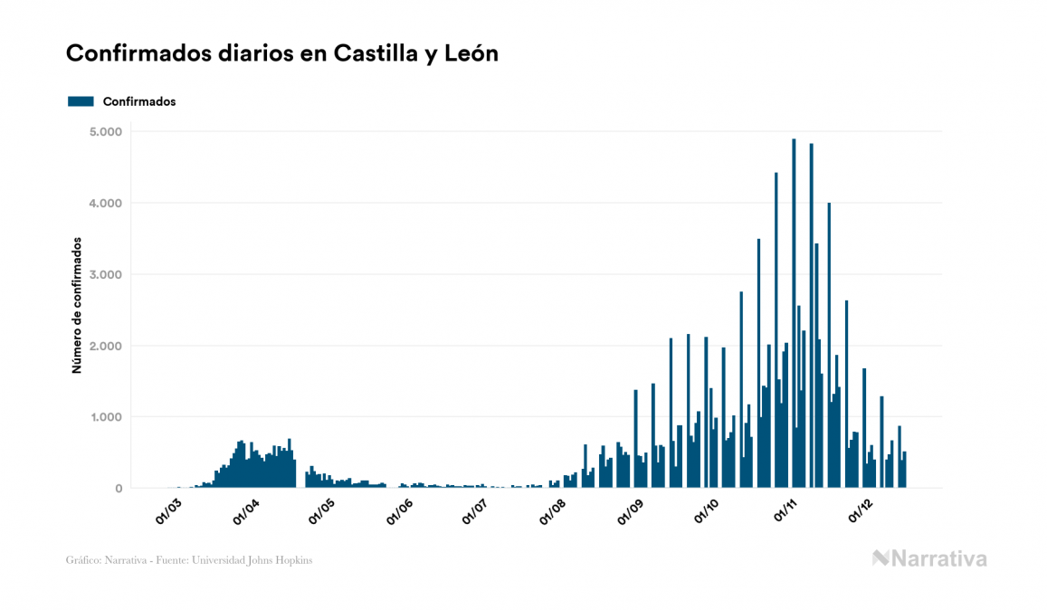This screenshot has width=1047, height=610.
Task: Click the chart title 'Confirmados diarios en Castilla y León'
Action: [x=282, y=53]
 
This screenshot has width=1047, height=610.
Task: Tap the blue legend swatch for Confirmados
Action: [x=81, y=101]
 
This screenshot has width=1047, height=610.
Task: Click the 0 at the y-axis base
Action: [x=119, y=489]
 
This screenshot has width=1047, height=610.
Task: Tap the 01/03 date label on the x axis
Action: [x=169, y=511]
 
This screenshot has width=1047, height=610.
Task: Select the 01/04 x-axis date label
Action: [x=246, y=511]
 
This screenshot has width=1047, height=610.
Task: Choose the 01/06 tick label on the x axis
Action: [x=400, y=511]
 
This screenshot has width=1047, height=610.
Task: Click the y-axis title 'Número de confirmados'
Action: [x=77, y=306]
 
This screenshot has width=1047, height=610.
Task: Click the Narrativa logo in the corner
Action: [x=929, y=558]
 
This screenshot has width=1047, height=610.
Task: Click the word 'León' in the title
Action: [x=471, y=53]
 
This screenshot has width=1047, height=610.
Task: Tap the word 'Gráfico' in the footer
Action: [x=82, y=560]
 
